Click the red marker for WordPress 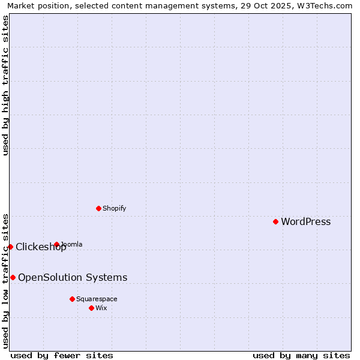click(x=275, y=221)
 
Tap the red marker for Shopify click(x=98, y=208)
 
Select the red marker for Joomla click(x=56, y=244)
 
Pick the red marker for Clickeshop click(x=10, y=247)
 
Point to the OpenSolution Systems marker click(x=13, y=277)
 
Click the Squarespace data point click(x=72, y=299)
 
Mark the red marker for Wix click(x=91, y=308)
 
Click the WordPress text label click(x=305, y=221)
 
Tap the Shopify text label click(x=114, y=208)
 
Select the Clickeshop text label click(x=41, y=247)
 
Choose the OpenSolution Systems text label click(x=73, y=277)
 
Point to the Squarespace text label click(x=97, y=299)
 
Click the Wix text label click(x=101, y=308)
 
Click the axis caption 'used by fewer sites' click(x=62, y=355)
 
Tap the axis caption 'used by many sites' click(x=301, y=355)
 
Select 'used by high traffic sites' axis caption click(x=6, y=85)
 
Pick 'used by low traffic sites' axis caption click(x=6, y=281)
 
